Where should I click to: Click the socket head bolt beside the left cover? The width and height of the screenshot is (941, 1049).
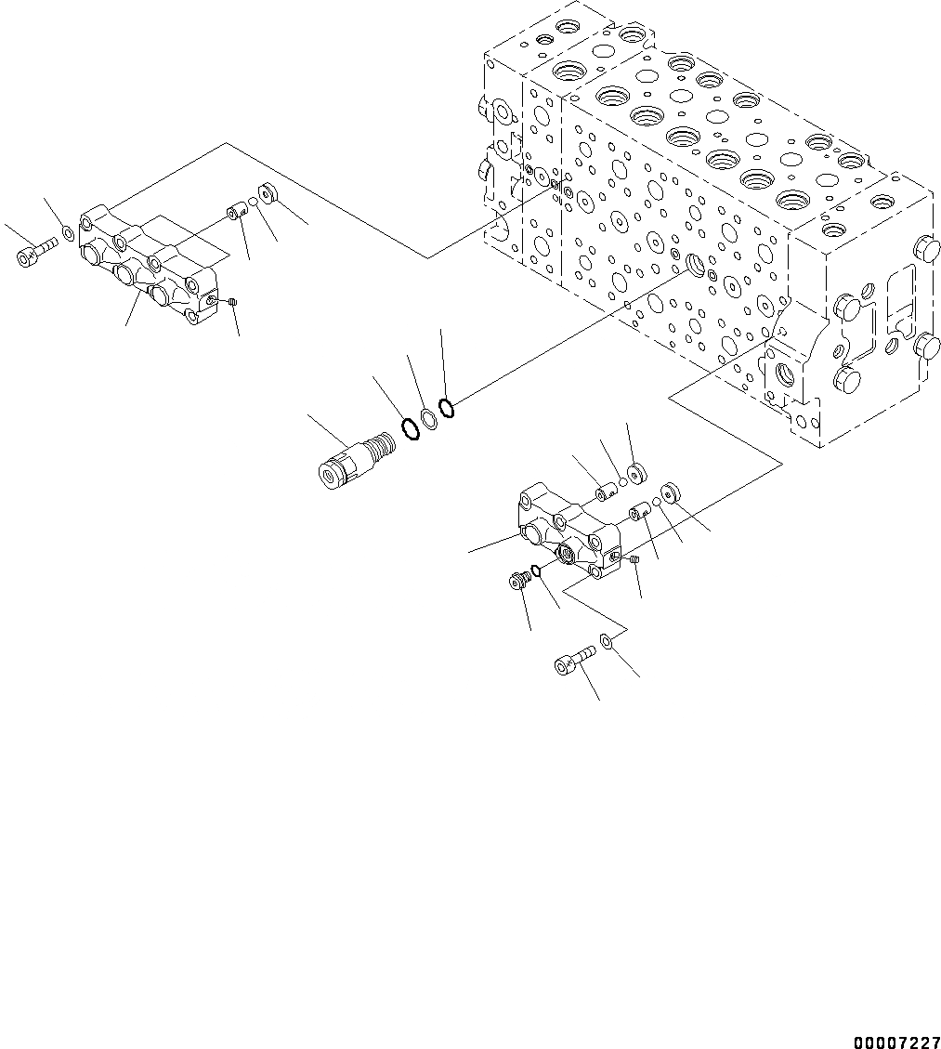coord(35,251)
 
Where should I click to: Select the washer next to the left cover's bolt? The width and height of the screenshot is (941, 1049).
coord(70,231)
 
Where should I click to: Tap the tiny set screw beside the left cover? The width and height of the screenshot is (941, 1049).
coord(233,301)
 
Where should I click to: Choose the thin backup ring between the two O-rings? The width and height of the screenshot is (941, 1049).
coord(427,418)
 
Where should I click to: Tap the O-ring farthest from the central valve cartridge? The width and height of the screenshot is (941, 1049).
coord(445,407)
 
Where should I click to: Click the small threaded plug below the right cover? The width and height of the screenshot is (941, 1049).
coord(519,582)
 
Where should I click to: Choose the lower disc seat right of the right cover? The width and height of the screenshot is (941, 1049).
coord(672,492)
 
